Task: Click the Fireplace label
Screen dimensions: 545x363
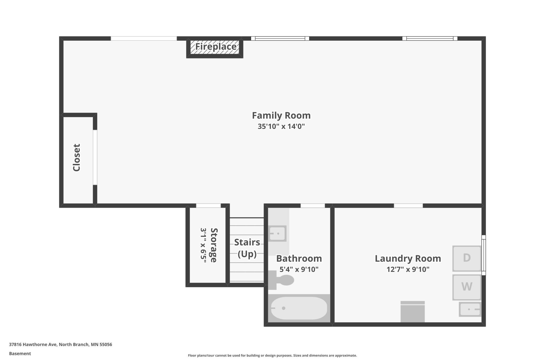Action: coord(216,47)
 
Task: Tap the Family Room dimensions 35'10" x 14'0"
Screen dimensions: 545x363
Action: coord(281,126)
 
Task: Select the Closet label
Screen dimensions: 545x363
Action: coord(77,157)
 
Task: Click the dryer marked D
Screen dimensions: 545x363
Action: coord(467,258)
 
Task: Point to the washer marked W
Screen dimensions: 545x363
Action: coord(467,287)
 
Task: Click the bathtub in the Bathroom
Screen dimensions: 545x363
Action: coord(299,308)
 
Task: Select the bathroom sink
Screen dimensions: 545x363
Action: coord(277,233)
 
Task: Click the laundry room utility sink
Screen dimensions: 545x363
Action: coord(470,309)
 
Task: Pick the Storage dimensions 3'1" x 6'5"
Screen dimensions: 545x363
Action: coord(203,245)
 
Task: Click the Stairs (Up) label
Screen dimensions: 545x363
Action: coord(247,248)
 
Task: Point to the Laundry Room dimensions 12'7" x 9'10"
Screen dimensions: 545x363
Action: coord(408,269)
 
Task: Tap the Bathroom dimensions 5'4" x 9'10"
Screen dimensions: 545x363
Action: coord(299,269)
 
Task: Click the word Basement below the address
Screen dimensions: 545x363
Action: coord(20,354)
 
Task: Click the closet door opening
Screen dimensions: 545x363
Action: coord(95,157)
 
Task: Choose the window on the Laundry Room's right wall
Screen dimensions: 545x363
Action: coord(484,255)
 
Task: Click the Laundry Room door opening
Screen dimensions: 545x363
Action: coord(408,206)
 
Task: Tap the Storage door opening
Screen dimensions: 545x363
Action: coord(209,206)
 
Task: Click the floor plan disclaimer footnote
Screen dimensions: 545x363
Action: coord(272,355)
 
